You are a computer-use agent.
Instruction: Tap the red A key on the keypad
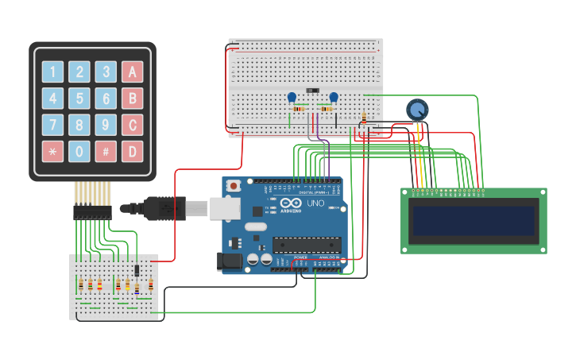pos(133,72)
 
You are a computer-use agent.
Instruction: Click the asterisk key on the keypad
pos(52,151)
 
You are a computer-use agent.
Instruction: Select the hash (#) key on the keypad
pos(106,151)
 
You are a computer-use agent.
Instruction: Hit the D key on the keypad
pos(133,151)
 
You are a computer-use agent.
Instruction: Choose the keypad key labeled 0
pos(79,151)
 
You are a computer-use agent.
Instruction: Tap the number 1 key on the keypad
pos(52,72)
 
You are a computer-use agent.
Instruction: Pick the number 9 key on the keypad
pos(106,125)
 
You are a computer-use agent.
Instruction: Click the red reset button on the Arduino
pos(234,186)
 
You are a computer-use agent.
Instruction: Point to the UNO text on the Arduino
pos(315,204)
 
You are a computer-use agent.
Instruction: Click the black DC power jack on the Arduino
pos(230,261)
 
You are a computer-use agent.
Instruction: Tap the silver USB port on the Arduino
pos(224,208)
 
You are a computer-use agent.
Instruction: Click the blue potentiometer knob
pos(416,109)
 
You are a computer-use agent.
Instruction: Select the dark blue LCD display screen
pos(474,220)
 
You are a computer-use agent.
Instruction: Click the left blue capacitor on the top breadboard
pos(292,97)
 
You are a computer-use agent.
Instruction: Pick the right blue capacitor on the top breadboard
pos(334,97)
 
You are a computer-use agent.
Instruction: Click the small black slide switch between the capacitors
pos(313,91)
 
